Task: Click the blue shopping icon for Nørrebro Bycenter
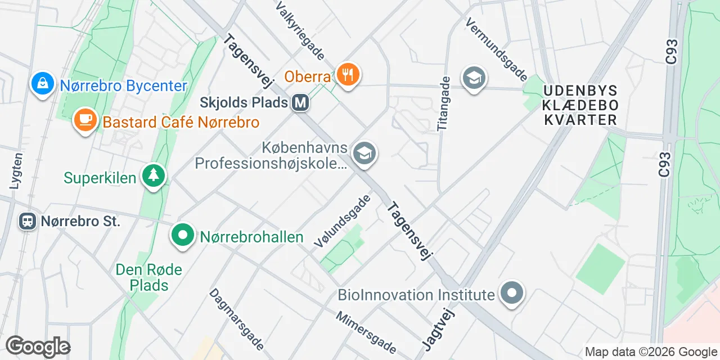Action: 42,84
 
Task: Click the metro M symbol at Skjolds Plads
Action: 301,102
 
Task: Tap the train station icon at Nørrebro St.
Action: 27,220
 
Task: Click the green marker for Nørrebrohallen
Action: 183,236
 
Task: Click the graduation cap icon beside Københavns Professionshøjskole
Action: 364,153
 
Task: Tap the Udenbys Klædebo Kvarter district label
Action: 580,105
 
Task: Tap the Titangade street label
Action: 444,104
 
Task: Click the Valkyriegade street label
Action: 299,30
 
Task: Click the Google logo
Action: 38,347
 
